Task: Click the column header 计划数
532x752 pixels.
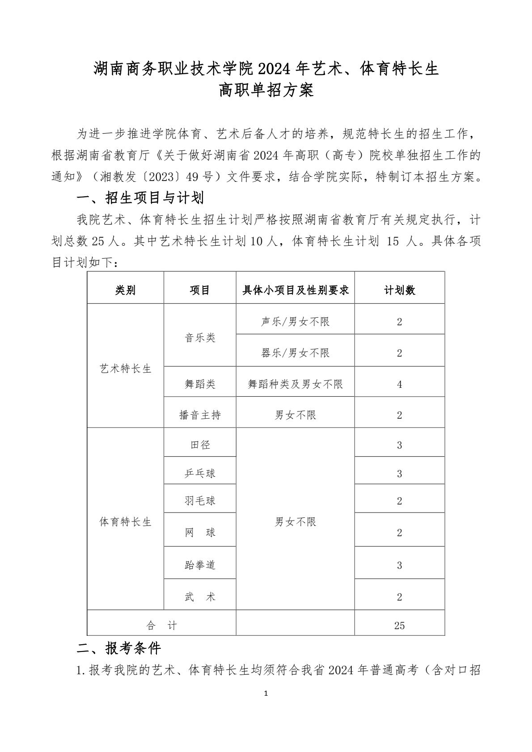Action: tap(399, 290)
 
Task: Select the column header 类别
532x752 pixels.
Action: tap(125, 290)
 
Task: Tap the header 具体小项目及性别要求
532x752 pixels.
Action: tap(295, 290)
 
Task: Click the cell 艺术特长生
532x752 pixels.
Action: tap(125, 369)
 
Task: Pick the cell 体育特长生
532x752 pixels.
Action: tap(125, 521)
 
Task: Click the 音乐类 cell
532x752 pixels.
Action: tap(200, 337)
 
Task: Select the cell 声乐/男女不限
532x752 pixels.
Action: tap(295, 322)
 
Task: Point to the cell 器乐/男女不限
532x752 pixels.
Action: tap(295, 353)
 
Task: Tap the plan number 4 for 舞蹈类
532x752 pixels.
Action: tap(399, 384)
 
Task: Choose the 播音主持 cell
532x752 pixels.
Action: tap(200, 415)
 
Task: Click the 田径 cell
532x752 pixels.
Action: tap(200, 445)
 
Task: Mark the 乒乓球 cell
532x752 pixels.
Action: tap(200, 473)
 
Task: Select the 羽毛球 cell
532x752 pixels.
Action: tap(200, 501)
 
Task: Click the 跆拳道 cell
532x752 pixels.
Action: tap(200, 565)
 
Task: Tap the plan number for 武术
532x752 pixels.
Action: tap(399, 597)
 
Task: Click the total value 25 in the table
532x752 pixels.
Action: tap(399, 626)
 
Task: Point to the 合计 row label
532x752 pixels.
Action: tap(161, 626)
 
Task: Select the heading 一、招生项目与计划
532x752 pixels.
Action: tap(140, 197)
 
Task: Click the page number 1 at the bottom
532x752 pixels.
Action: tap(266, 693)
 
